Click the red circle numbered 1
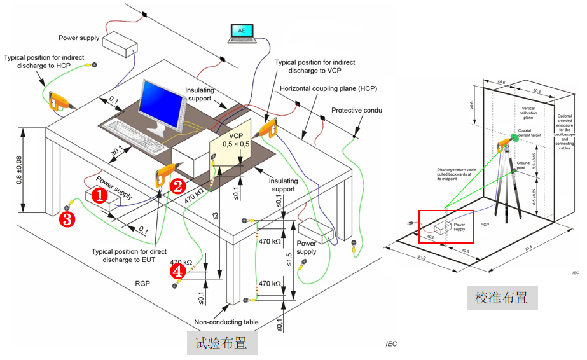[x=99, y=195]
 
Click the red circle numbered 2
[x=177, y=186]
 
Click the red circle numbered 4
[x=178, y=272]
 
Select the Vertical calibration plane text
[x=528, y=113]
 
